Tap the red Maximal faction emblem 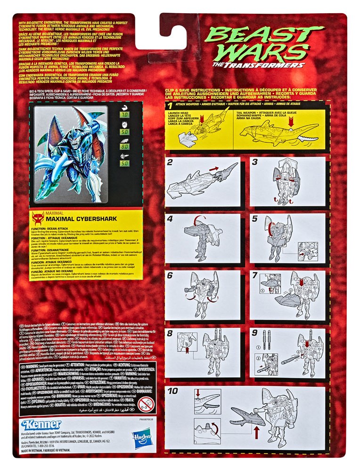point(38,218)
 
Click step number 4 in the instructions point(170,219)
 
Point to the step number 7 point(255,274)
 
